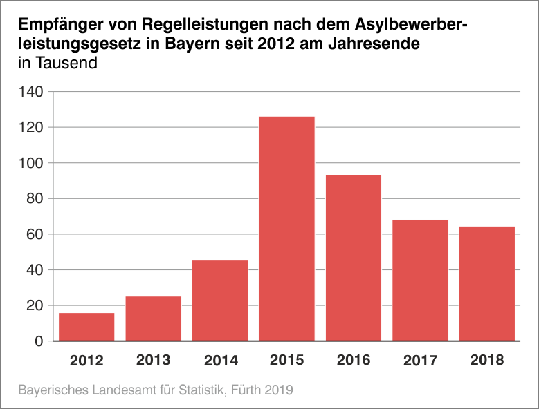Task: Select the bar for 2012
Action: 86,327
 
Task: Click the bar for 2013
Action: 153,318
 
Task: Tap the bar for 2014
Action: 220,301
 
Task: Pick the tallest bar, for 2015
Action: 286,229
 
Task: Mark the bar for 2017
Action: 420,280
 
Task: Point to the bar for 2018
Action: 487,283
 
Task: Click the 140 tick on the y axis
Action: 33,92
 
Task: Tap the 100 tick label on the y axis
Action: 33,163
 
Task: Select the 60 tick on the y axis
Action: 36,234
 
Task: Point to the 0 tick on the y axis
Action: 39,341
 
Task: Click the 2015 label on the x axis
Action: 286,360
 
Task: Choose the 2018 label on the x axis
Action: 487,360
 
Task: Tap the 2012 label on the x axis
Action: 86,360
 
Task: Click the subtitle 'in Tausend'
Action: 57,64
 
